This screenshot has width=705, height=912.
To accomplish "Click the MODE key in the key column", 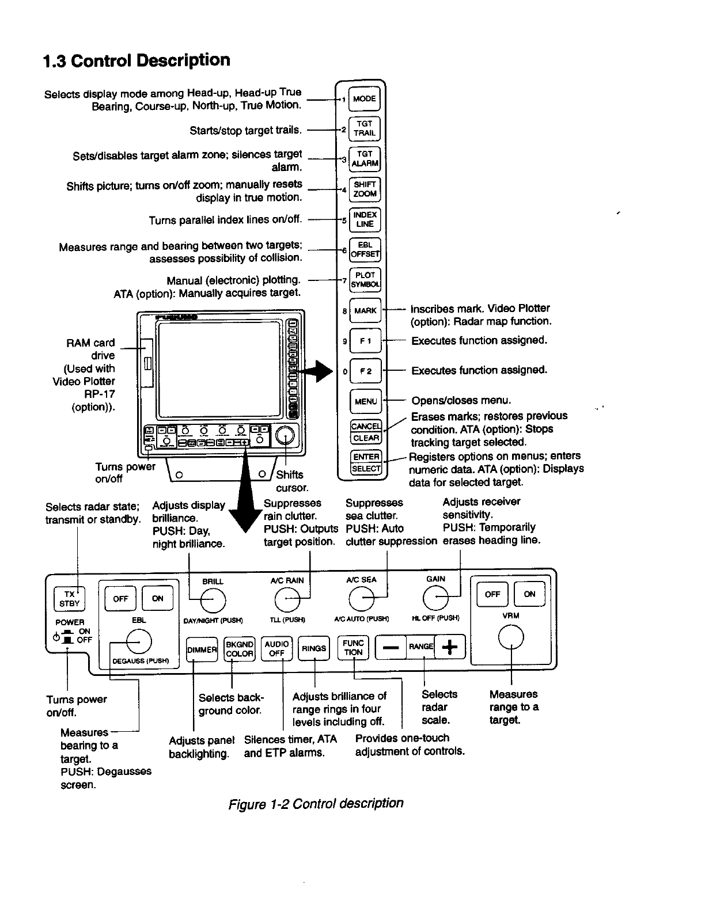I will tap(365, 98).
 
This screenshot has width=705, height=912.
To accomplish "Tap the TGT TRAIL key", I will tap(365, 128).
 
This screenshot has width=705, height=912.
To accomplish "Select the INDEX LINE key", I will tap(365, 220).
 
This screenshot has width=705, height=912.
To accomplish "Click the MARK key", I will tap(365, 311).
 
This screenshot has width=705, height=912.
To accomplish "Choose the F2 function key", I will tap(365, 371).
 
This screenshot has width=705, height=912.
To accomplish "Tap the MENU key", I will tap(366, 401).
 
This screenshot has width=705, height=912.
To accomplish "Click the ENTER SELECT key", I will tap(366, 462).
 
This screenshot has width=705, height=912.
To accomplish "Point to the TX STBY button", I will tap(69, 599).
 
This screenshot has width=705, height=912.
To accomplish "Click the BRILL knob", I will tap(212, 601).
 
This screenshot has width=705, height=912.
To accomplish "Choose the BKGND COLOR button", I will tap(239, 649).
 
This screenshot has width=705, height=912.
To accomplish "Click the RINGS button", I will tap(314, 649).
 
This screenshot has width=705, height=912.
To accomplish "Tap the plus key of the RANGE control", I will tap(450, 648).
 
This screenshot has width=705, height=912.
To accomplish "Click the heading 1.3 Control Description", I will tap(137, 60).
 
